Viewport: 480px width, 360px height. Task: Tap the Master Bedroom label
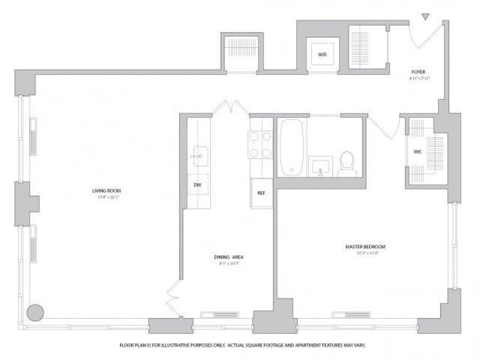coord(365,247)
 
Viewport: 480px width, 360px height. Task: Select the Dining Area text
coord(229,257)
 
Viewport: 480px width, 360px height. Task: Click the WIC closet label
coord(418,152)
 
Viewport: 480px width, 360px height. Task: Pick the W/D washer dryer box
coord(322,55)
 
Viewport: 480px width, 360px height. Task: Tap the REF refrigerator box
coord(261,193)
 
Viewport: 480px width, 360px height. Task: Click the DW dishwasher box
coord(197,185)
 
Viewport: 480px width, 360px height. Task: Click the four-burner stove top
coord(260,145)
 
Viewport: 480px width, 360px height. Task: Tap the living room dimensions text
coord(102,197)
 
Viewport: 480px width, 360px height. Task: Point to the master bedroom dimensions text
coord(365,253)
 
